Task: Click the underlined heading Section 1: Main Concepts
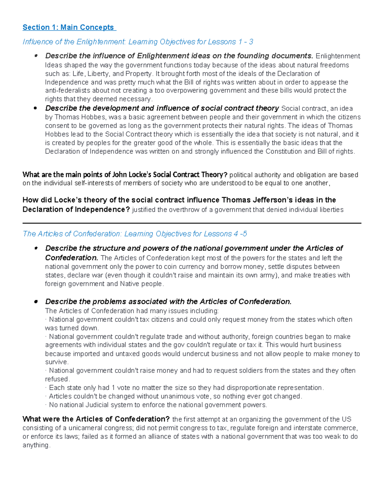(x=68, y=28)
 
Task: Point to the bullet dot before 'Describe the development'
(x=36, y=108)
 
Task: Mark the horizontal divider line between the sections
(x=192, y=223)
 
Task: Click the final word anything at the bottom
(x=36, y=445)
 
